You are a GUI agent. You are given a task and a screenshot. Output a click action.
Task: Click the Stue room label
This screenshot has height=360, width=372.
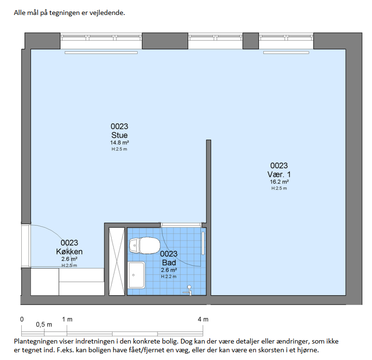pyautogui.click(x=119, y=135)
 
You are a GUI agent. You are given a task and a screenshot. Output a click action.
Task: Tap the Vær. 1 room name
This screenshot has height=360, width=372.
pyautogui.click(x=279, y=174)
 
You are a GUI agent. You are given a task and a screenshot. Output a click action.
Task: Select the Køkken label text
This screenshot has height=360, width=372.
pyautogui.click(x=69, y=252)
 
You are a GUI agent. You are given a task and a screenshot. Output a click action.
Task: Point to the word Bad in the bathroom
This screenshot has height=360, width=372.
pyautogui.click(x=169, y=263)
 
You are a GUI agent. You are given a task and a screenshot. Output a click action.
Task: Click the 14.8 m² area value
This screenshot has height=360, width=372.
pyautogui.click(x=119, y=143)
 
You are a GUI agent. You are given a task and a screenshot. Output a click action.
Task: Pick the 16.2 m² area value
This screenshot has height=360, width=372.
pyautogui.click(x=279, y=182)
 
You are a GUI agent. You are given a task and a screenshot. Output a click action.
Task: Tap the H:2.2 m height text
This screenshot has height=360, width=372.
pyautogui.click(x=169, y=276)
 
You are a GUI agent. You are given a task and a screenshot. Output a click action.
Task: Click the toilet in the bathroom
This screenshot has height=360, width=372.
pyautogui.click(x=144, y=245)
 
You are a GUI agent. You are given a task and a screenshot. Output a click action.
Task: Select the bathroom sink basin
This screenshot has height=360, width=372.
pyautogui.click(x=136, y=275)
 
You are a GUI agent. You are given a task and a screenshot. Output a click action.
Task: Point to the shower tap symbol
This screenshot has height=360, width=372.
pyautogui.click(x=188, y=290)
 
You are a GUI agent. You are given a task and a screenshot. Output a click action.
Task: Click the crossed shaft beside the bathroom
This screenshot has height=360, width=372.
pyautogui.click(x=117, y=261)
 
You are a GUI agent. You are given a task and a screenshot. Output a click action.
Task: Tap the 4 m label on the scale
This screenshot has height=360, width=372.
pyautogui.click(x=203, y=319)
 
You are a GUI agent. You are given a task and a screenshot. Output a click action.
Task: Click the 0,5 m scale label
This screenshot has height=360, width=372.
pyautogui.click(x=44, y=324)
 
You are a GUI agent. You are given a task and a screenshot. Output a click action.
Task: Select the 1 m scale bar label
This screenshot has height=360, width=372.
pyautogui.click(x=67, y=319)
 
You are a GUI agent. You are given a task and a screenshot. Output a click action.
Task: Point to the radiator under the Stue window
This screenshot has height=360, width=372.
pyautogui.click(x=101, y=53)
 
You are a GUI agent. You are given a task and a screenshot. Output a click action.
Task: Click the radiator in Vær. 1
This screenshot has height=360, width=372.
pyautogui.click(x=286, y=53)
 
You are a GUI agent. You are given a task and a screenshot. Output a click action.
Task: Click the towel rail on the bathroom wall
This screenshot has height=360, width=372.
pyautogui.click(x=203, y=243)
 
